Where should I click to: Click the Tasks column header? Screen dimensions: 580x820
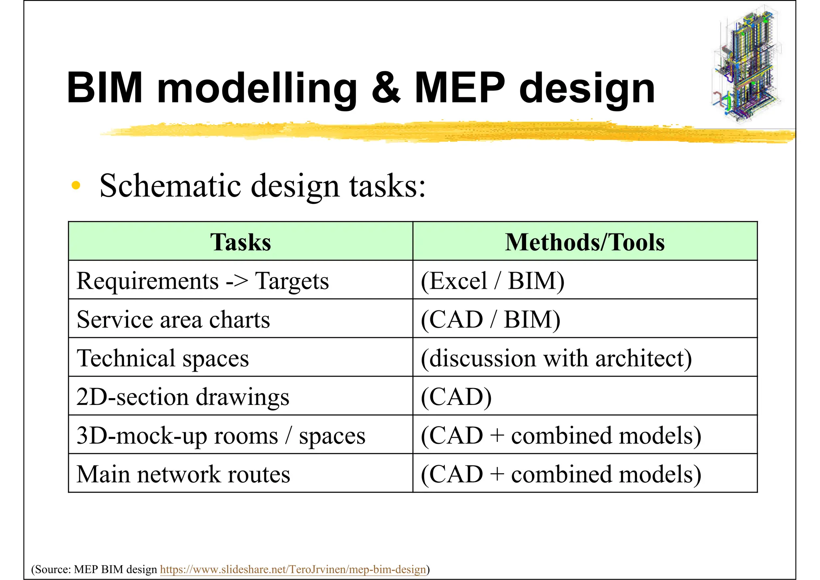coord(240,242)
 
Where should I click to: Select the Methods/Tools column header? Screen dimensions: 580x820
coord(585,242)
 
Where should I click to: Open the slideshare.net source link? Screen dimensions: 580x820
coord(293,569)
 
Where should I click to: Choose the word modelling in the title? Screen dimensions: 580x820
coord(257,88)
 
